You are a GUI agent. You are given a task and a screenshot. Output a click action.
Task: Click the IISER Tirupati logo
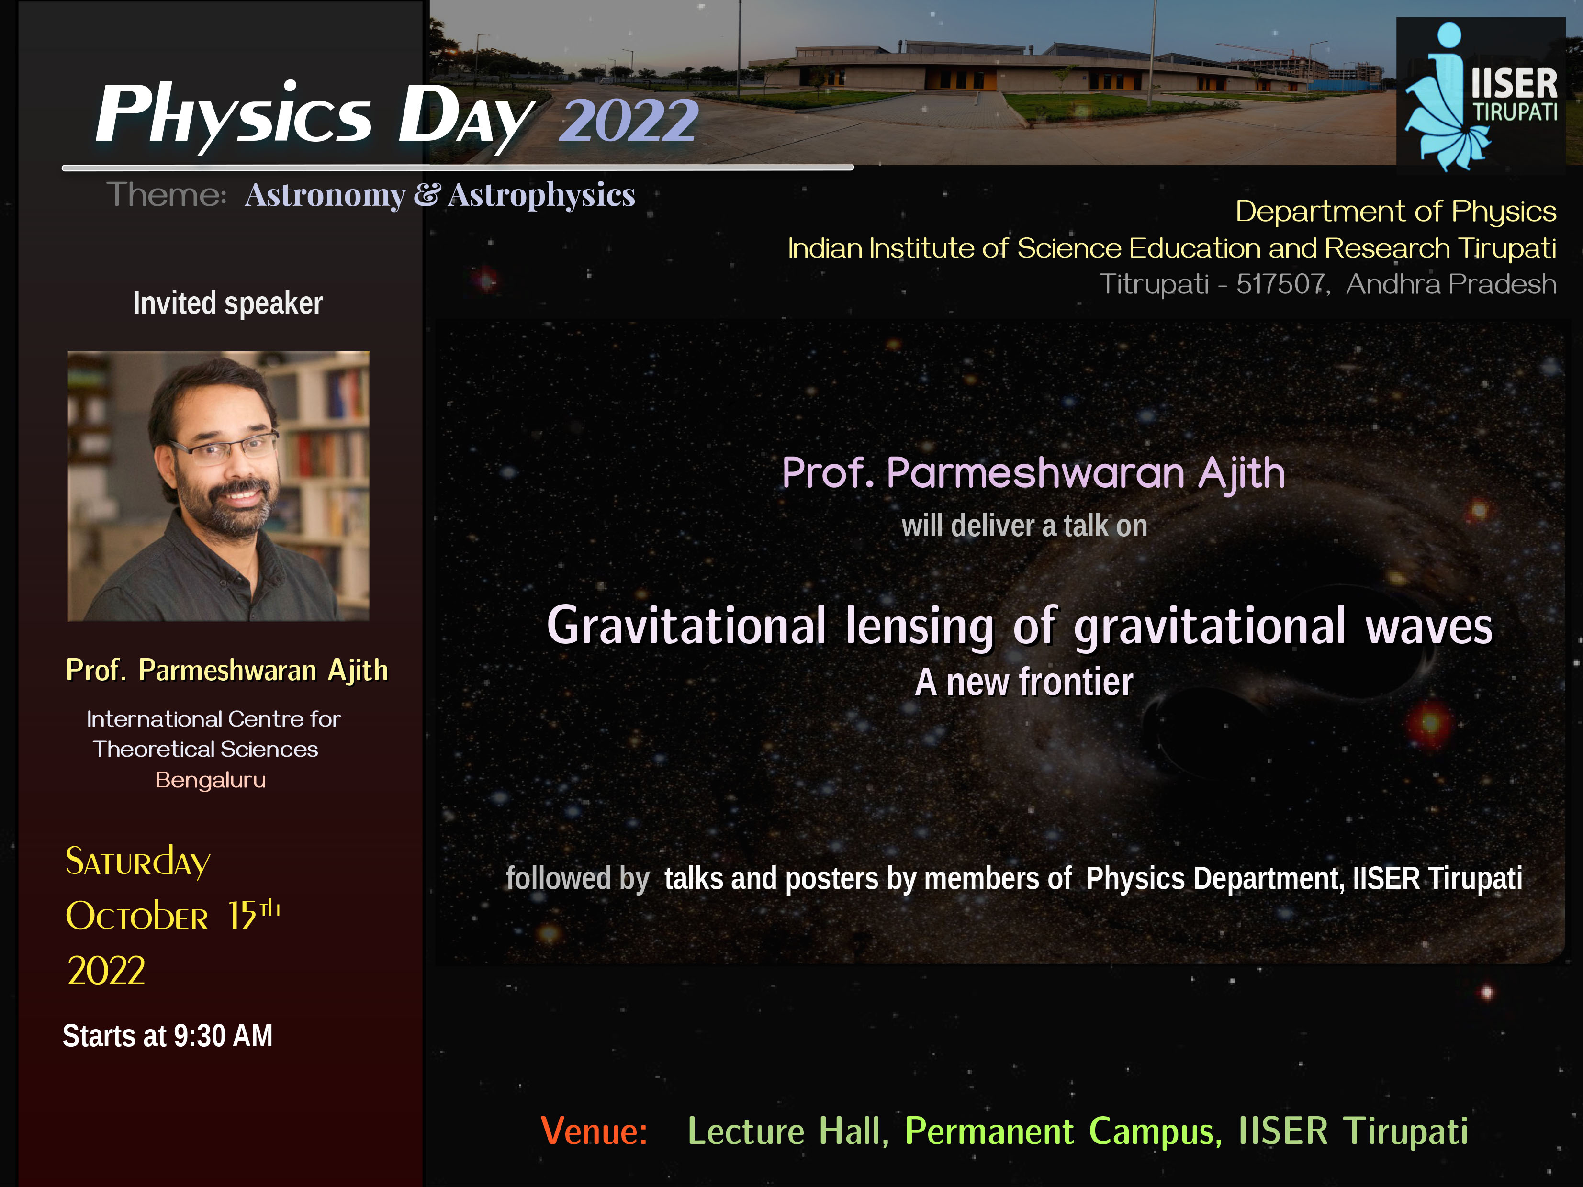pos(1481,95)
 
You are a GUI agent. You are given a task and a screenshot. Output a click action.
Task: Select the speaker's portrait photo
pos(218,486)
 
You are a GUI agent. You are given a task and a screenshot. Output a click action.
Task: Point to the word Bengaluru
pos(211,779)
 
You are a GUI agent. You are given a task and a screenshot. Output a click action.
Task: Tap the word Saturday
pos(137,862)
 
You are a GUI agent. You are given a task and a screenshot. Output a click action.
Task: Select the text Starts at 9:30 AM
pos(168,1035)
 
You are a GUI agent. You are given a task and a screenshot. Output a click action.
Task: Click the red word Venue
pos(594,1131)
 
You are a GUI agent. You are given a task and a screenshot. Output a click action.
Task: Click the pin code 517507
pos(1281,284)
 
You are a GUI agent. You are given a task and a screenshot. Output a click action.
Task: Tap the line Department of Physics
pos(1395,212)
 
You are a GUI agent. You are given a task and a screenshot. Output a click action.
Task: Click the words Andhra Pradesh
pos(1451,284)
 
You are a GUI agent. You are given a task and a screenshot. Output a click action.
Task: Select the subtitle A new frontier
pos(1024,682)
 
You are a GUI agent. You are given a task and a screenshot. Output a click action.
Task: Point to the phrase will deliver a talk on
pos(1024,526)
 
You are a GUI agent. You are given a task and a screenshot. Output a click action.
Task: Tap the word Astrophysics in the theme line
pos(542,195)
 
